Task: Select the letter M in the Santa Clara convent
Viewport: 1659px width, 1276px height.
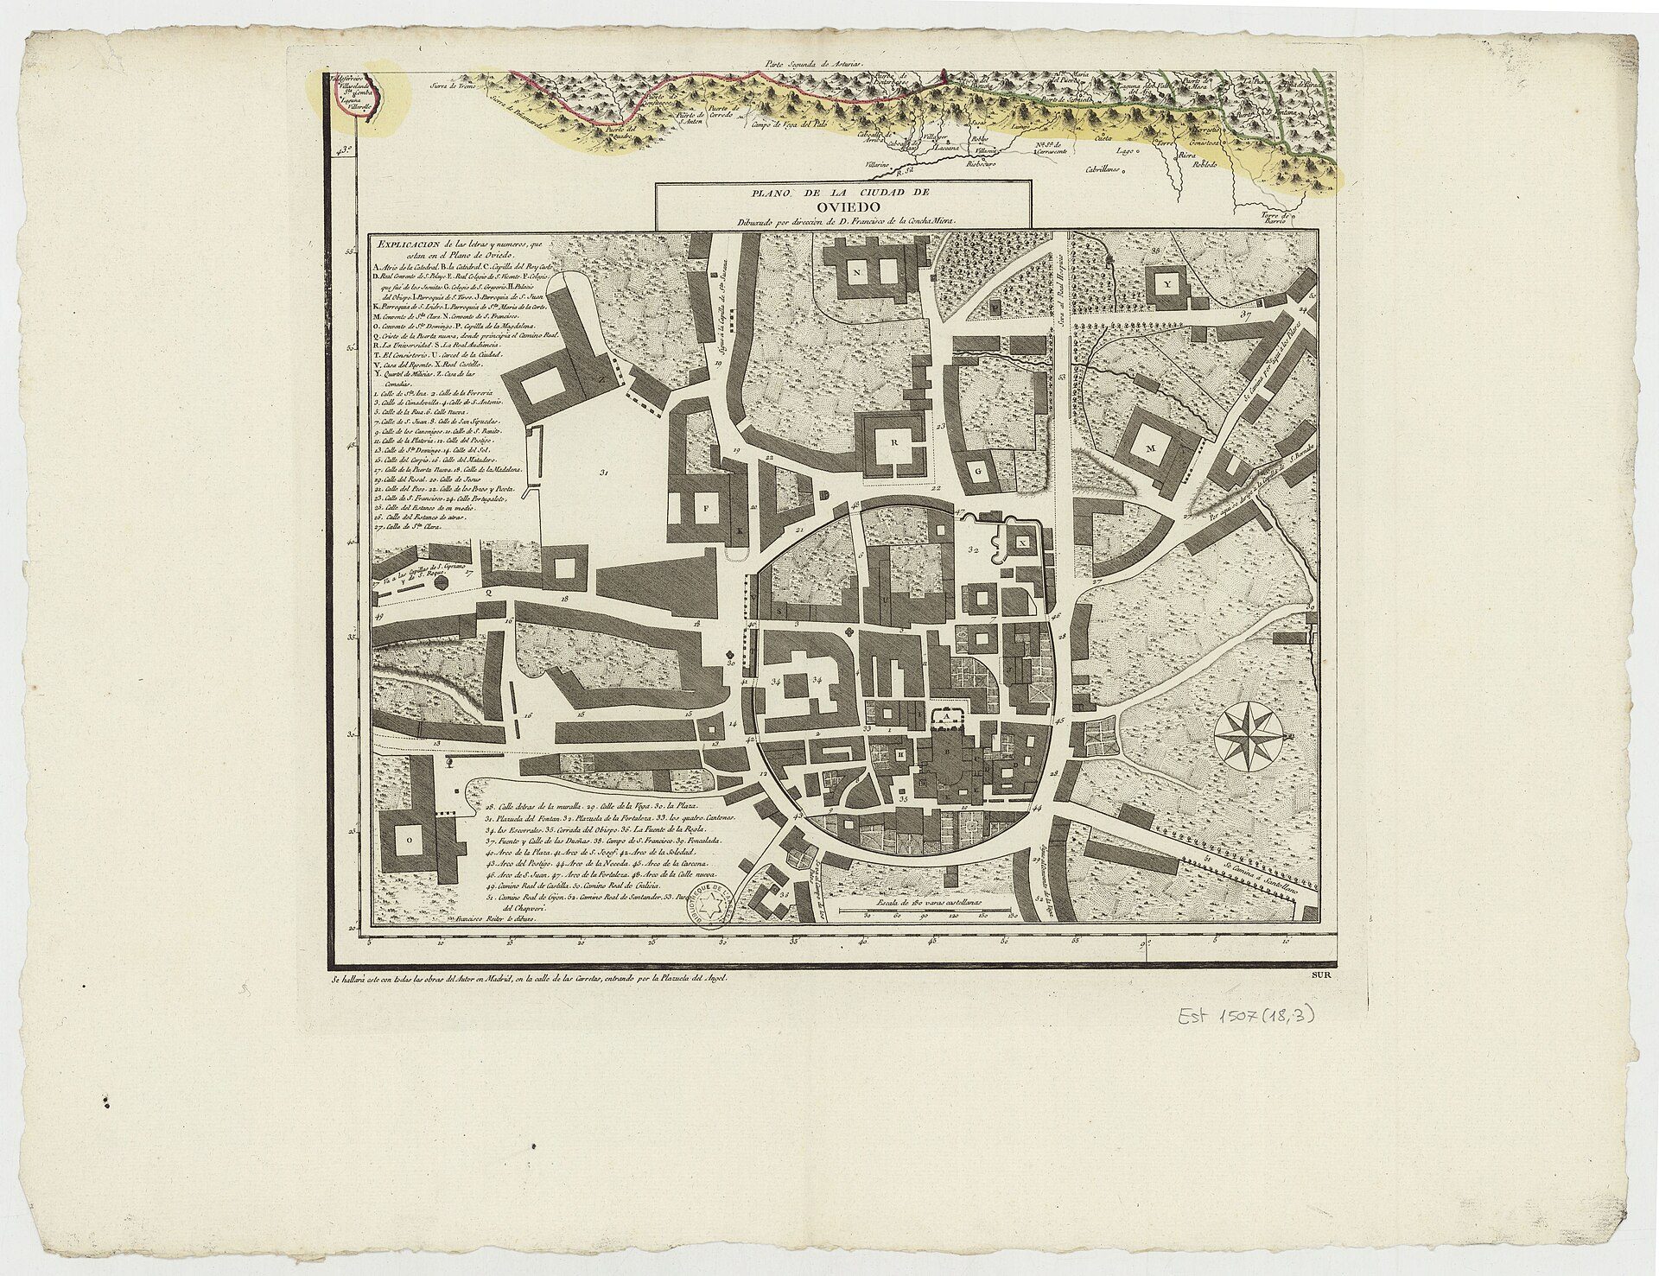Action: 1150,448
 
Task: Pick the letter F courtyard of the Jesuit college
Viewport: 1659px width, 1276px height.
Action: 705,509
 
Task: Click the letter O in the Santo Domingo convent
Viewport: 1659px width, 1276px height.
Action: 409,837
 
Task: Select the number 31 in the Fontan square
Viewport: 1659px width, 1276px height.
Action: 603,472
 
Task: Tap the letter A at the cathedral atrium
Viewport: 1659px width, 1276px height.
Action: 946,717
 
